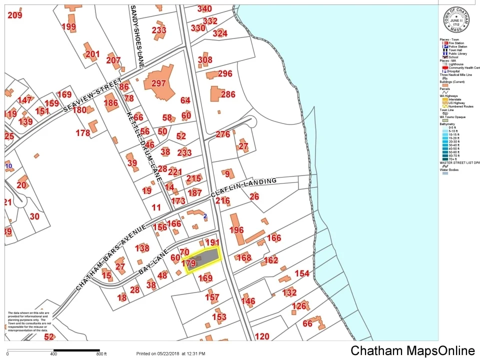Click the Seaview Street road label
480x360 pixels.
[92, 96]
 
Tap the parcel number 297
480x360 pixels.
[158, 83]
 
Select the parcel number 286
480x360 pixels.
[228, 94]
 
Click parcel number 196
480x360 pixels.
[236, 230]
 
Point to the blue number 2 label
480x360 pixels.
[205, 216]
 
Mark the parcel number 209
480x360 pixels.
[15, 15]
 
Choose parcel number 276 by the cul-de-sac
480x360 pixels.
[223, 134]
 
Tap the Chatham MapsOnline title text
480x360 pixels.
[412, 350]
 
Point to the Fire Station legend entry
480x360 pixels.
[455, 43]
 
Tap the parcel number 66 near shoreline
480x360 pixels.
[307, 323]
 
